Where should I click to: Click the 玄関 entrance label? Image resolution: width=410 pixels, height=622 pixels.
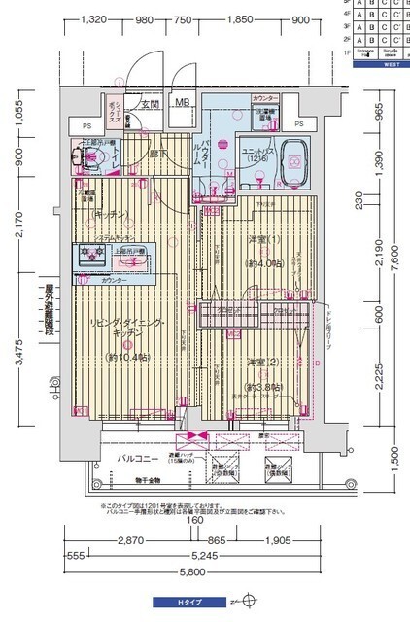[x=149, y=103]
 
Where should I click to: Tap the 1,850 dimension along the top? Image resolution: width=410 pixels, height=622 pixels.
[x=239, y=19]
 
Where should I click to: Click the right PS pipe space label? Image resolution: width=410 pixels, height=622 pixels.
[x=298, y=123]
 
